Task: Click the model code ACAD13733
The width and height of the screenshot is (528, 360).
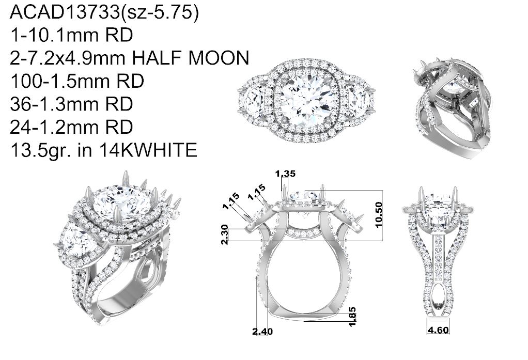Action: (65, 12)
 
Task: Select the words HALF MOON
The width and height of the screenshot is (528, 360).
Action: (190, 57)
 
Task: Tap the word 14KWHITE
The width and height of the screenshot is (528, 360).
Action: (148, 150)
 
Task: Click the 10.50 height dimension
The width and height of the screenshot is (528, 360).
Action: (379, 214)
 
